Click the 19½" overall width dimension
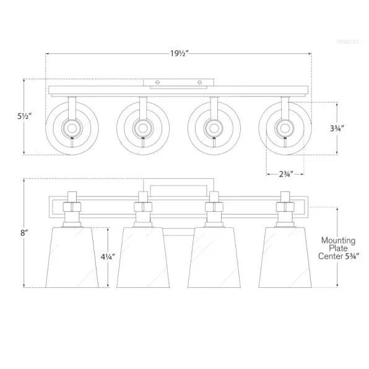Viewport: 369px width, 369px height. coord(179,53)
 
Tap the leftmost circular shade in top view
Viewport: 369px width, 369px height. coord(72,129)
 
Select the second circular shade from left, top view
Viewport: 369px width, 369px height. coord(142,129)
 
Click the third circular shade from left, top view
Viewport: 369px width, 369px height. coord(213,129)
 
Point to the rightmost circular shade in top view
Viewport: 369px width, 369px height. coord(284,129)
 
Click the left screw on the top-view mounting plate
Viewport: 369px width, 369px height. coord(157,82)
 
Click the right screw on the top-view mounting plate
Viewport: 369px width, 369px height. coord(199,82)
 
